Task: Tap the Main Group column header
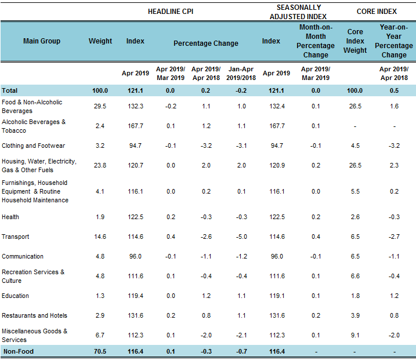pos(42,41)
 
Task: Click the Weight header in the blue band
pos(100,41)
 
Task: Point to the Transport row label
pos(16,237)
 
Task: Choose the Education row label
pos(16,296)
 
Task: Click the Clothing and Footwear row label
pos(33,146)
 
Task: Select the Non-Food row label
pos(17,351)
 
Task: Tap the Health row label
pos(10,217)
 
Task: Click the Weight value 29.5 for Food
pos(100,106)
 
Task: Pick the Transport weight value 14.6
pos(100,237)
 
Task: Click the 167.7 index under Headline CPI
pos(135,126)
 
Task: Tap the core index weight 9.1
pos(355,335)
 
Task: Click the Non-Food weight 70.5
pos(100,351)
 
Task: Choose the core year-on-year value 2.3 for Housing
pos(393,165)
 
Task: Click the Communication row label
pos(23,256)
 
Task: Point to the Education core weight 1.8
pos(355,296)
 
